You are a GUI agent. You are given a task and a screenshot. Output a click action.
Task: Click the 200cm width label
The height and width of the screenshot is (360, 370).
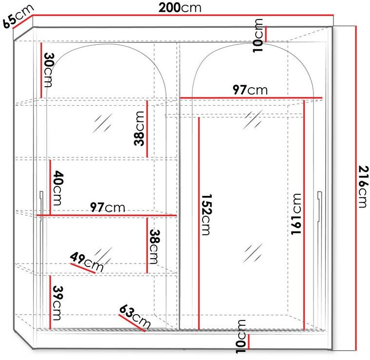180,7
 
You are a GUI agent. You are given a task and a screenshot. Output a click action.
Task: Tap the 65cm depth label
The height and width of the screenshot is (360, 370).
18,16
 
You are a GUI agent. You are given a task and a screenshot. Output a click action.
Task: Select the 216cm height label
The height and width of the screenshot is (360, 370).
363,187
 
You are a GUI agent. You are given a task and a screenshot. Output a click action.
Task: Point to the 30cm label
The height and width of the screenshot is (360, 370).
49,70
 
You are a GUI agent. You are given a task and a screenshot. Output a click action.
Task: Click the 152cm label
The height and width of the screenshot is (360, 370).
206,214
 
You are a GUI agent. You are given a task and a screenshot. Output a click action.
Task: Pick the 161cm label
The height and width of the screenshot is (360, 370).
296,214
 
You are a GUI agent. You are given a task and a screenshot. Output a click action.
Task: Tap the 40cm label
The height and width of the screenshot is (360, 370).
58,188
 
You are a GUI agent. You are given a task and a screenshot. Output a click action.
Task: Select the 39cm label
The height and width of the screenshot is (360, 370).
57,303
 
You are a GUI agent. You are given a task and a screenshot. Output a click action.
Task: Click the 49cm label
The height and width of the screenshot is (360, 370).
87,262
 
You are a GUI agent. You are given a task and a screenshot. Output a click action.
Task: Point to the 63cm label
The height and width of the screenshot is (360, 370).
135,317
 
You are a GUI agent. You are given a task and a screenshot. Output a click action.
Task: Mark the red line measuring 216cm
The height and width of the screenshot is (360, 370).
356,188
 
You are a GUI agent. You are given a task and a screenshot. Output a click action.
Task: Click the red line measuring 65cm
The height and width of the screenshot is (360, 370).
22,22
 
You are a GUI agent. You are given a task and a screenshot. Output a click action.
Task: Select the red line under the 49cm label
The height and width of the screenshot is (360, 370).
83,268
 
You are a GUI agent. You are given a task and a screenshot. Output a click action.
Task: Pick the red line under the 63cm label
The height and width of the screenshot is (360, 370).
131,323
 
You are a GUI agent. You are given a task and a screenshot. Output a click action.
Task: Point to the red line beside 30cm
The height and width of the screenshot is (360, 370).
41,70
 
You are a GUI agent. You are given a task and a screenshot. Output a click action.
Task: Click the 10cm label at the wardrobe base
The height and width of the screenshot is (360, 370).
240,337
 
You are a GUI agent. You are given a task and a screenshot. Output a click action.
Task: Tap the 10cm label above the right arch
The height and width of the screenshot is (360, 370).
258,36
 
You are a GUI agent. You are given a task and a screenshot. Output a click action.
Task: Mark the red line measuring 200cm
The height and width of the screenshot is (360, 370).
183,16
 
